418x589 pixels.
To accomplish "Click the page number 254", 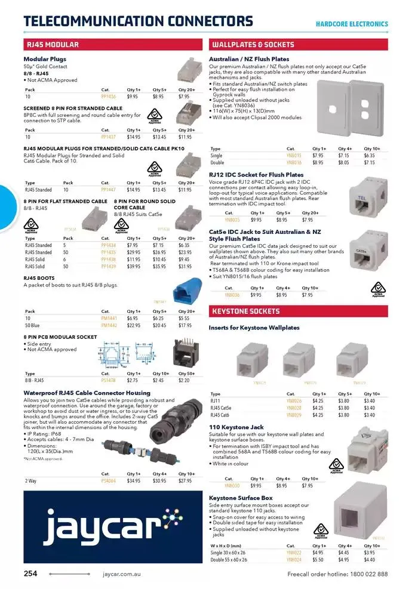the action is pos(30,574).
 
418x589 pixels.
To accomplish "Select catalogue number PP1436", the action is pos(109,96).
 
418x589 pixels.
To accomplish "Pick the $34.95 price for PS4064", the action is pos(134,480).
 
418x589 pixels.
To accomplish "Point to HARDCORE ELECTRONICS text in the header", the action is pos(352,24).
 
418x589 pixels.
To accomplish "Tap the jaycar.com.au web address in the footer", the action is pos(121,574).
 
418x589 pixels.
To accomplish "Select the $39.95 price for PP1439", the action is pos(134,266).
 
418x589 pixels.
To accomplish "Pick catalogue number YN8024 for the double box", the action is pos(294,559).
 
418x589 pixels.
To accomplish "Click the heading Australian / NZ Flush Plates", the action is pos(249,59).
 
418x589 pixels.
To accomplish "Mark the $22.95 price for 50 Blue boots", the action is pos(134,325).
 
